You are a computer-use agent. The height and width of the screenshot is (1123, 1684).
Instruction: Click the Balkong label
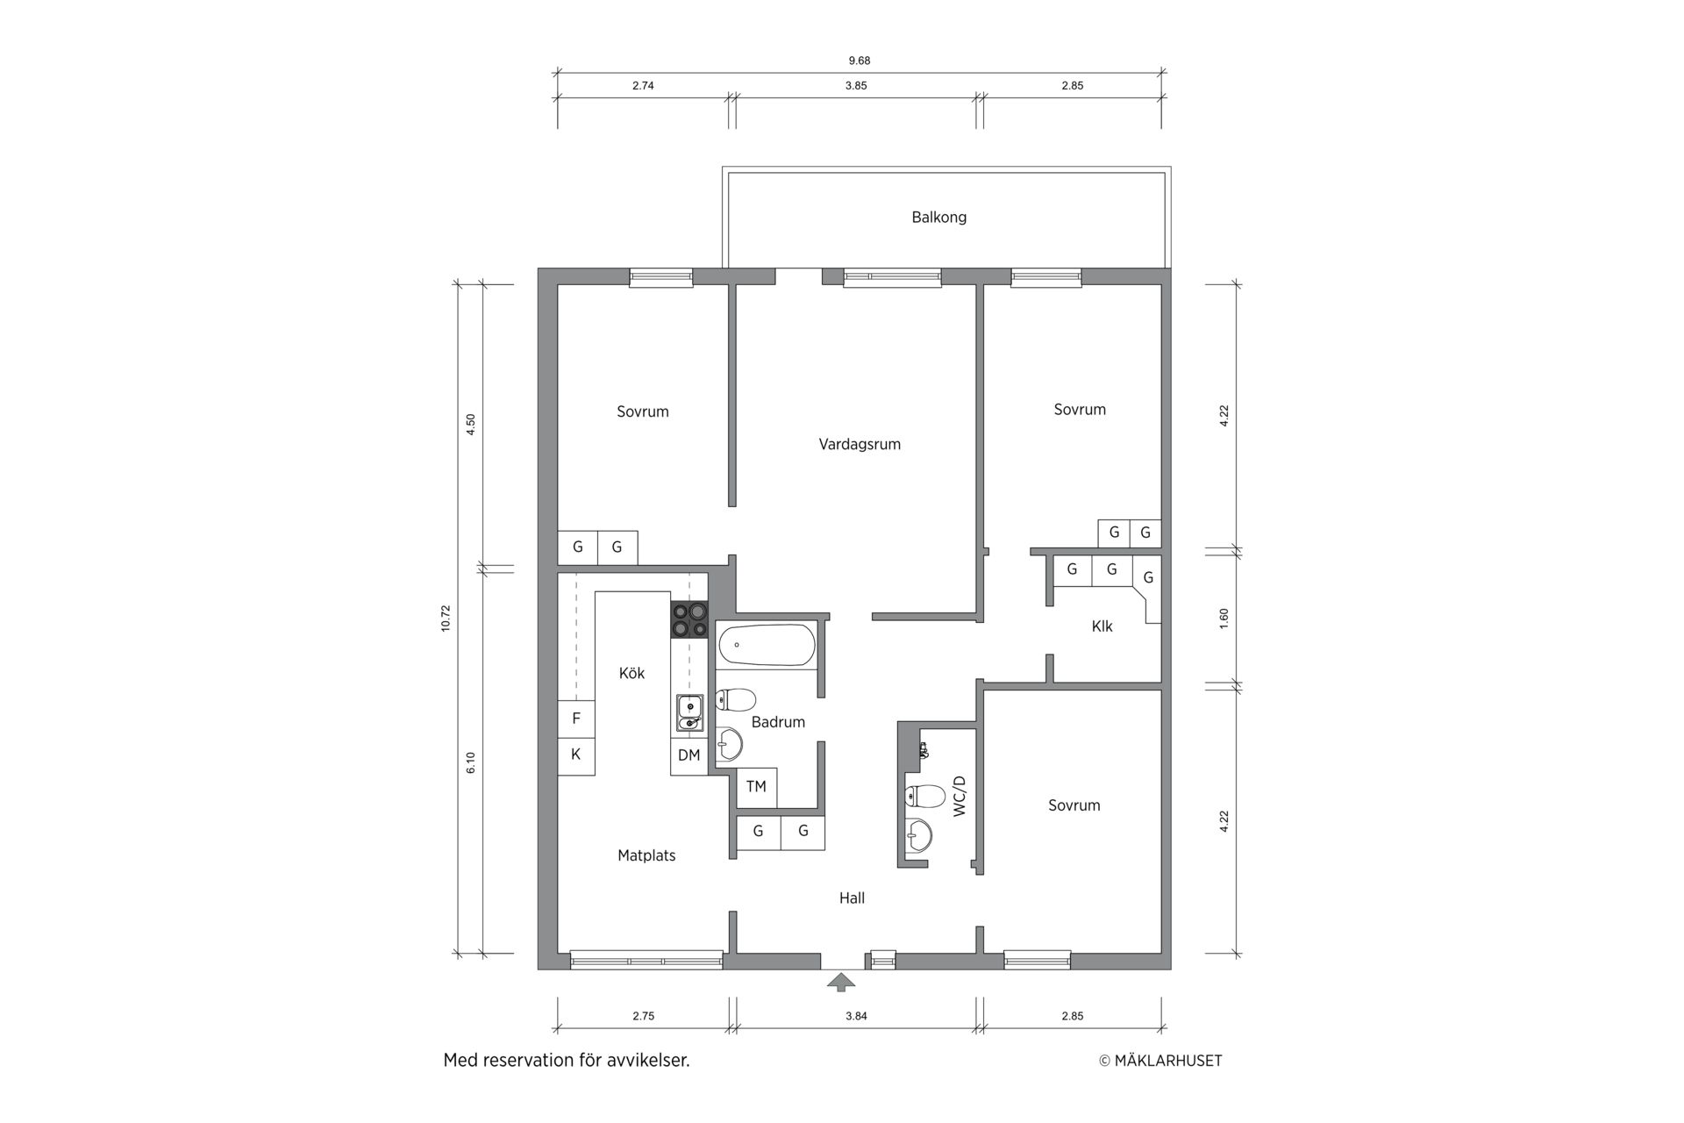coord(938,218)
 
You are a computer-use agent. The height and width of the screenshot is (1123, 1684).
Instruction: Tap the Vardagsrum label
coord(860,444)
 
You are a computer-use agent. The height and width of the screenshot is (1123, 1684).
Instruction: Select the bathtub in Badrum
coord(767,645)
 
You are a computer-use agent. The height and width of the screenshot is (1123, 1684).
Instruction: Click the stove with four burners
coord(689,619)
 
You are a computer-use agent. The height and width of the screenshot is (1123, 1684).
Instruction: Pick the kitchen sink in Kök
coord(689,712)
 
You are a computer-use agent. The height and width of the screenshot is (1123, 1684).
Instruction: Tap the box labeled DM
coord(689,755)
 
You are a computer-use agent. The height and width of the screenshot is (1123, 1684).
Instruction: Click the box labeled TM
coord(756,787)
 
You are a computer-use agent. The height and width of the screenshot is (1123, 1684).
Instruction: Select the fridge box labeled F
coord(576,719)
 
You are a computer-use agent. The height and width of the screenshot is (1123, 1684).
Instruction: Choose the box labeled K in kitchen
coord(576,755)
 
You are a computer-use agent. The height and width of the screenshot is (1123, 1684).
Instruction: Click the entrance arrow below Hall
coord(841,982)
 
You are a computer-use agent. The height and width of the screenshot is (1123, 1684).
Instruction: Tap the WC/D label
coord(959,797)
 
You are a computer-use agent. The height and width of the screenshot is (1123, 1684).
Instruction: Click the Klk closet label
coord(1102,626)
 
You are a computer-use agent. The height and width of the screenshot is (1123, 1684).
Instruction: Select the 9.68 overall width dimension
coord(860,61)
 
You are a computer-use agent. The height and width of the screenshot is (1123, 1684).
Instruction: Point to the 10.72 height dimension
coord(446,619)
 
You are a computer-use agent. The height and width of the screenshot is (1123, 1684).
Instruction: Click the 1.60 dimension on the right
coord(1224,618)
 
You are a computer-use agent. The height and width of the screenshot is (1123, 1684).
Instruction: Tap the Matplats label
coord(646,855)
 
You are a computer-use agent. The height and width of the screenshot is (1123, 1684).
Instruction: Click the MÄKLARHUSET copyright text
coord(1160,1061)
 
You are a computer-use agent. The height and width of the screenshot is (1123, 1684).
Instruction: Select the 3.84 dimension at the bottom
coord(856,1016)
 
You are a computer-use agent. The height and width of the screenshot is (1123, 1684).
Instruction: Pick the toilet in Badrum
coord(736,699)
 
